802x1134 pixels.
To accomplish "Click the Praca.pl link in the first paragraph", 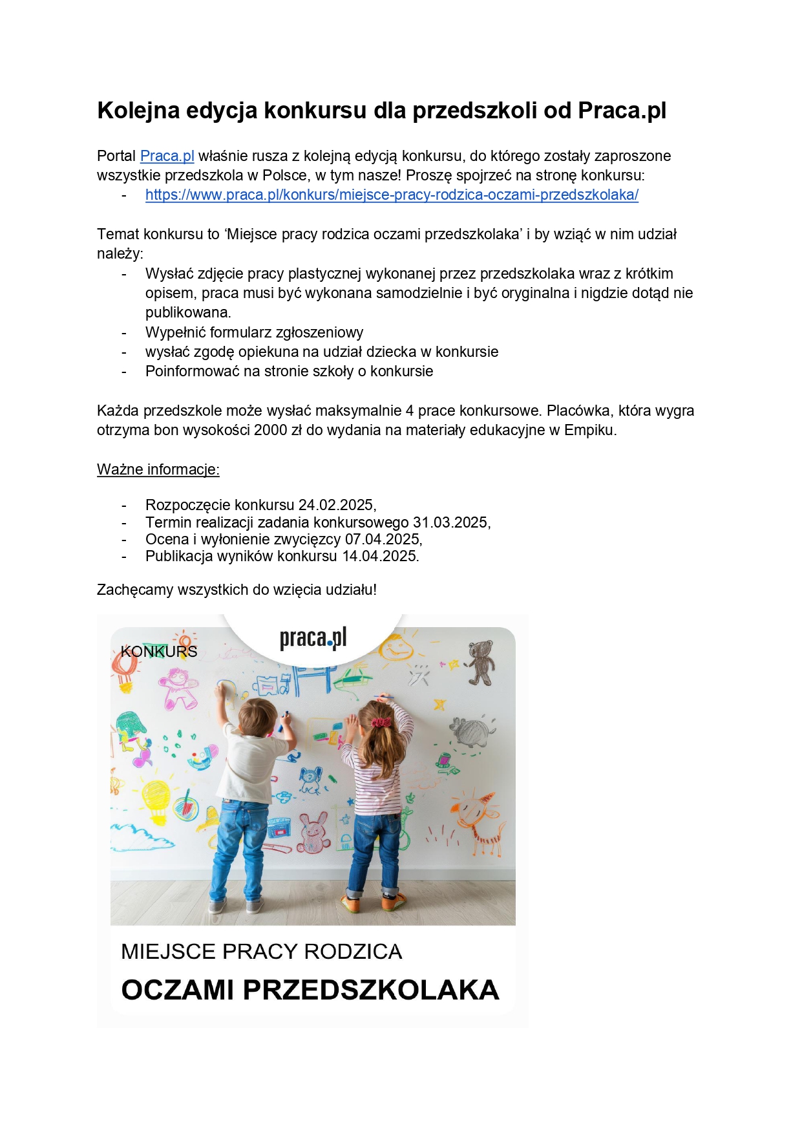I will click(x=167, y=156).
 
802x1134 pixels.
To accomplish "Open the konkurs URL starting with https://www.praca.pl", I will click(x=392, y=195).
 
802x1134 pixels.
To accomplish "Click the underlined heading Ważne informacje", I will click(x=158, y=469).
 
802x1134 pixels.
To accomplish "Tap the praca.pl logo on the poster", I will click(x=313, y=638).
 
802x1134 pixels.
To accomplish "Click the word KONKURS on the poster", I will click(x=159, y=651).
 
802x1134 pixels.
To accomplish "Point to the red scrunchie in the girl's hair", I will click(x=381, y=721).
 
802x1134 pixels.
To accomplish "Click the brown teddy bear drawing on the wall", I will click(x=481, y=661).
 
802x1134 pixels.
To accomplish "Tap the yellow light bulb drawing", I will click(x=156, y=800).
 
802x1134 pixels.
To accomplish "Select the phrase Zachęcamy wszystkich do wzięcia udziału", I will click(x=237, y=590).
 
